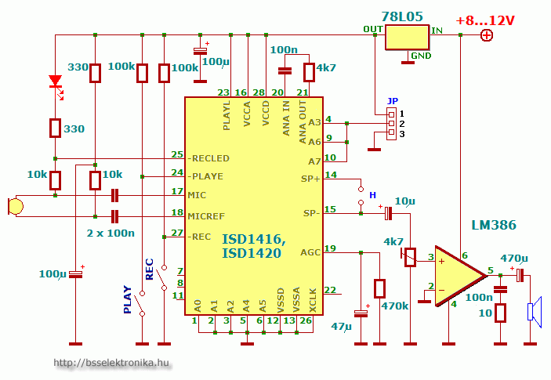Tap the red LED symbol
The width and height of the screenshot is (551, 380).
[55, 81]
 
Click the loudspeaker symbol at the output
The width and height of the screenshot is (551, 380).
[535, 313]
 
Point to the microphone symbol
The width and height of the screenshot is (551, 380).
[14, 206]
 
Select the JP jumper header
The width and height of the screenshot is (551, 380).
[390, 124]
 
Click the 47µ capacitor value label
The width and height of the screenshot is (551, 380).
[343, 325]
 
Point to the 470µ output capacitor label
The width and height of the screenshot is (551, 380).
[513, 258]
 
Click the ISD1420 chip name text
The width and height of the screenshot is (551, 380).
[252, 253]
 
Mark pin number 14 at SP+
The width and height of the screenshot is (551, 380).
[331, 175]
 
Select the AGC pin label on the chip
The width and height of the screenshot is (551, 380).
[310, 252]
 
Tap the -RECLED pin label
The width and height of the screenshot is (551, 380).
[209, 157]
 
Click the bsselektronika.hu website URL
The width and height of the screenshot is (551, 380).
[111, 363]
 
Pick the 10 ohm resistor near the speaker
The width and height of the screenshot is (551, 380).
[501, 313]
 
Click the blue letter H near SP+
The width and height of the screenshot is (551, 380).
[372, 194]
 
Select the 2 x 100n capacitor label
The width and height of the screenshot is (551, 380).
[110, 233]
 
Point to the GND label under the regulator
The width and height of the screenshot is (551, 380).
[421, 56]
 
